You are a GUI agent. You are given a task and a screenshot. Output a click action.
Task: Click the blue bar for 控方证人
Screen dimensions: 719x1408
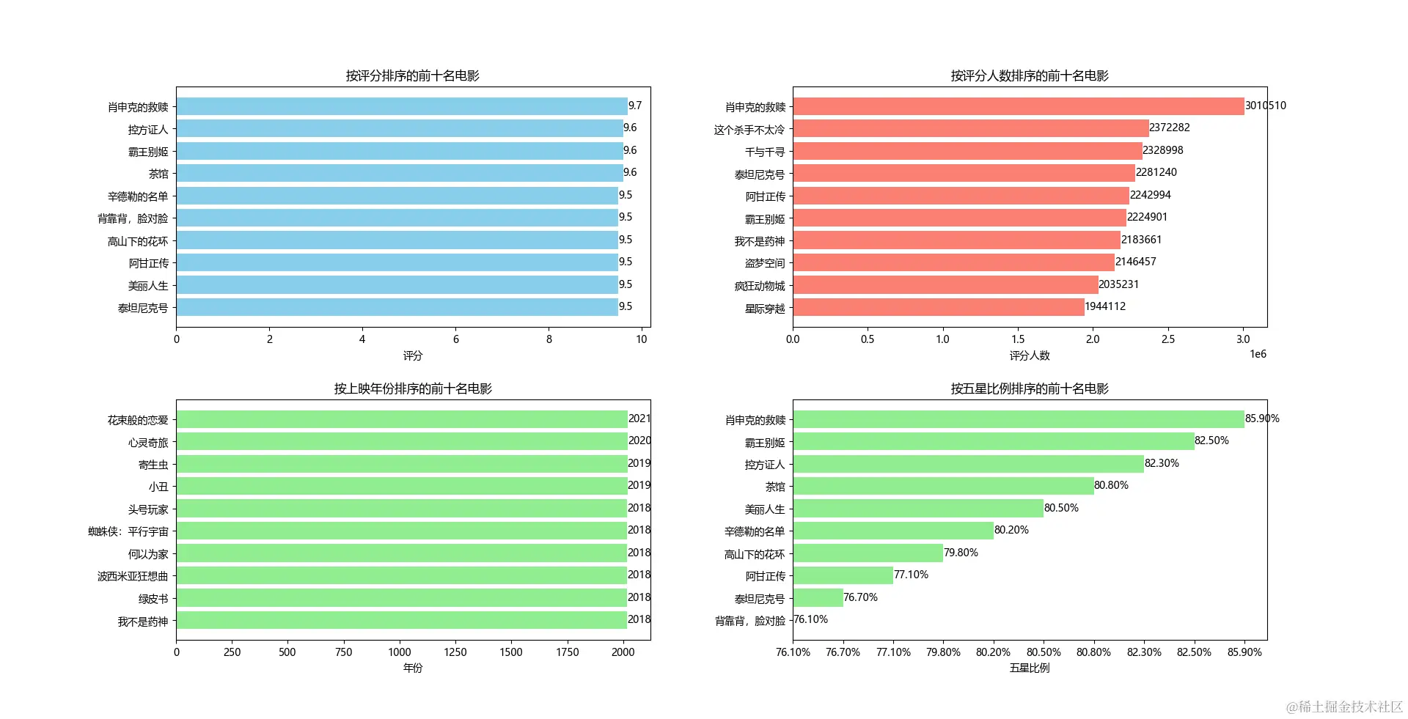pyautogui.click(x=400, y=129)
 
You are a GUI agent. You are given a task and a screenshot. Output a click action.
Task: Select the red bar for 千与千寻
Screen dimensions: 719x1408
pyautogui.click(x=967, y=151)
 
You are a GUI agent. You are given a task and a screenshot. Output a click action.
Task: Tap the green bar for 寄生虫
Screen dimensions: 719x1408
pyautogui.click(x=401, y=464)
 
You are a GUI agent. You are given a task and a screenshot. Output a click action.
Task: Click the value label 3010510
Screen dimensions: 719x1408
pyautogui.click(x=1265, y=106)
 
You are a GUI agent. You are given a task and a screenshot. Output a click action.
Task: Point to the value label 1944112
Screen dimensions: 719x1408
pyautogui.click(x=1105, y=306)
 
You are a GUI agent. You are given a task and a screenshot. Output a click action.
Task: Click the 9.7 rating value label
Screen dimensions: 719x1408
pyautogui.click(x=635, y=106)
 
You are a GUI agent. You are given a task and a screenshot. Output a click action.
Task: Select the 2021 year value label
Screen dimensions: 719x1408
pyautogui.click(x=639, y=419)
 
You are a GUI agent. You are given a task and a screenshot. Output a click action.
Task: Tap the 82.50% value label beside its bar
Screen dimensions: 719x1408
pyautogui.click(x=1211, y=440)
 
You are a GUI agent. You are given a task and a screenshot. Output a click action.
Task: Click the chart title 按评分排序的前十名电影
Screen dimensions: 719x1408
pyautogui.click(x=413, y=75)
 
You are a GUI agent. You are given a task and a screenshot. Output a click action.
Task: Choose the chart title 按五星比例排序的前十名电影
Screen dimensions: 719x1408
pyautogui.click(x=1030, y=388)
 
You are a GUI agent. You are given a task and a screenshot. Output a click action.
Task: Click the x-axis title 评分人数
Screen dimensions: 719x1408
pyautogui.click(x=1030, y=355)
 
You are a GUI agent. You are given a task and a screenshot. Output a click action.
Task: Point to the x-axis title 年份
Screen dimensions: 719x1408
pyautogui.click(x=413, y=668)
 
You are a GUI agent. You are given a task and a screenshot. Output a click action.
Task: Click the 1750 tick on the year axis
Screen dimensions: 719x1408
pyautogui.click(x=567, y=652)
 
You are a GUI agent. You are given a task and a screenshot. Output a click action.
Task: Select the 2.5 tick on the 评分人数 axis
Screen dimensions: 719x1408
pyautogui.click(x=1167, y=339)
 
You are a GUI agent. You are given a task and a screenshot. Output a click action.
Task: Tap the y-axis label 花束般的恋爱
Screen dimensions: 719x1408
pyautogui.click(x=138, y=420)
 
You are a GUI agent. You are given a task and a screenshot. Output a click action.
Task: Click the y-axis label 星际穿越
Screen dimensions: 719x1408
pyautogui.click(x=765, y=309)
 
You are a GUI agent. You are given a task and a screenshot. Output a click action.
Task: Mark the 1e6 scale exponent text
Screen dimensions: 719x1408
pyautogui.click(x=1258, y=355)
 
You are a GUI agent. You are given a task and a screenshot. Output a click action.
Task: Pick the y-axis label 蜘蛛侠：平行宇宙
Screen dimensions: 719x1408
pyautogui.click(x=128, y=531)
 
